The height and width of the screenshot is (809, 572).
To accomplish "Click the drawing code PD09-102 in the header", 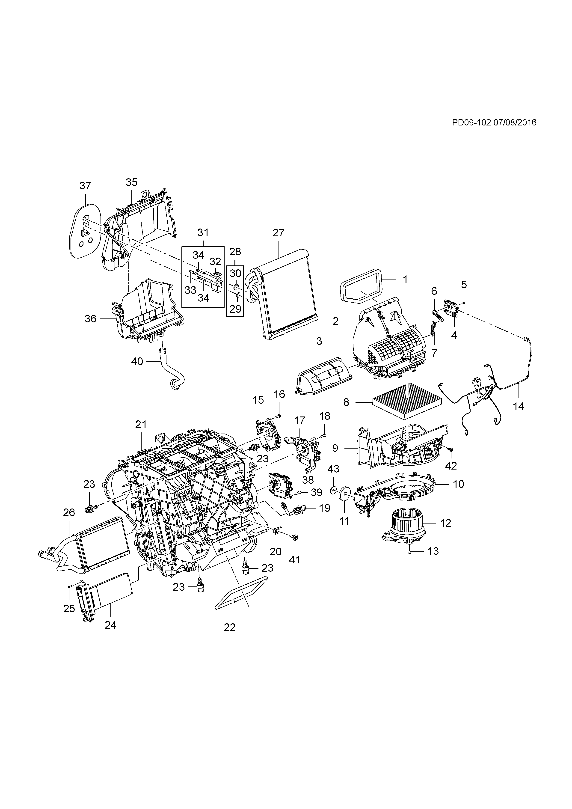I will [x=471, y=123].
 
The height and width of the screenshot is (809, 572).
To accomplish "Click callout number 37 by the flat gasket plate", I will [x=86, y=185].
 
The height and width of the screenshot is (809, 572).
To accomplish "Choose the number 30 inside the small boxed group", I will [x=235, y=273].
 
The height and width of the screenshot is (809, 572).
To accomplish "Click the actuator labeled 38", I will [x=280, y=485].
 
